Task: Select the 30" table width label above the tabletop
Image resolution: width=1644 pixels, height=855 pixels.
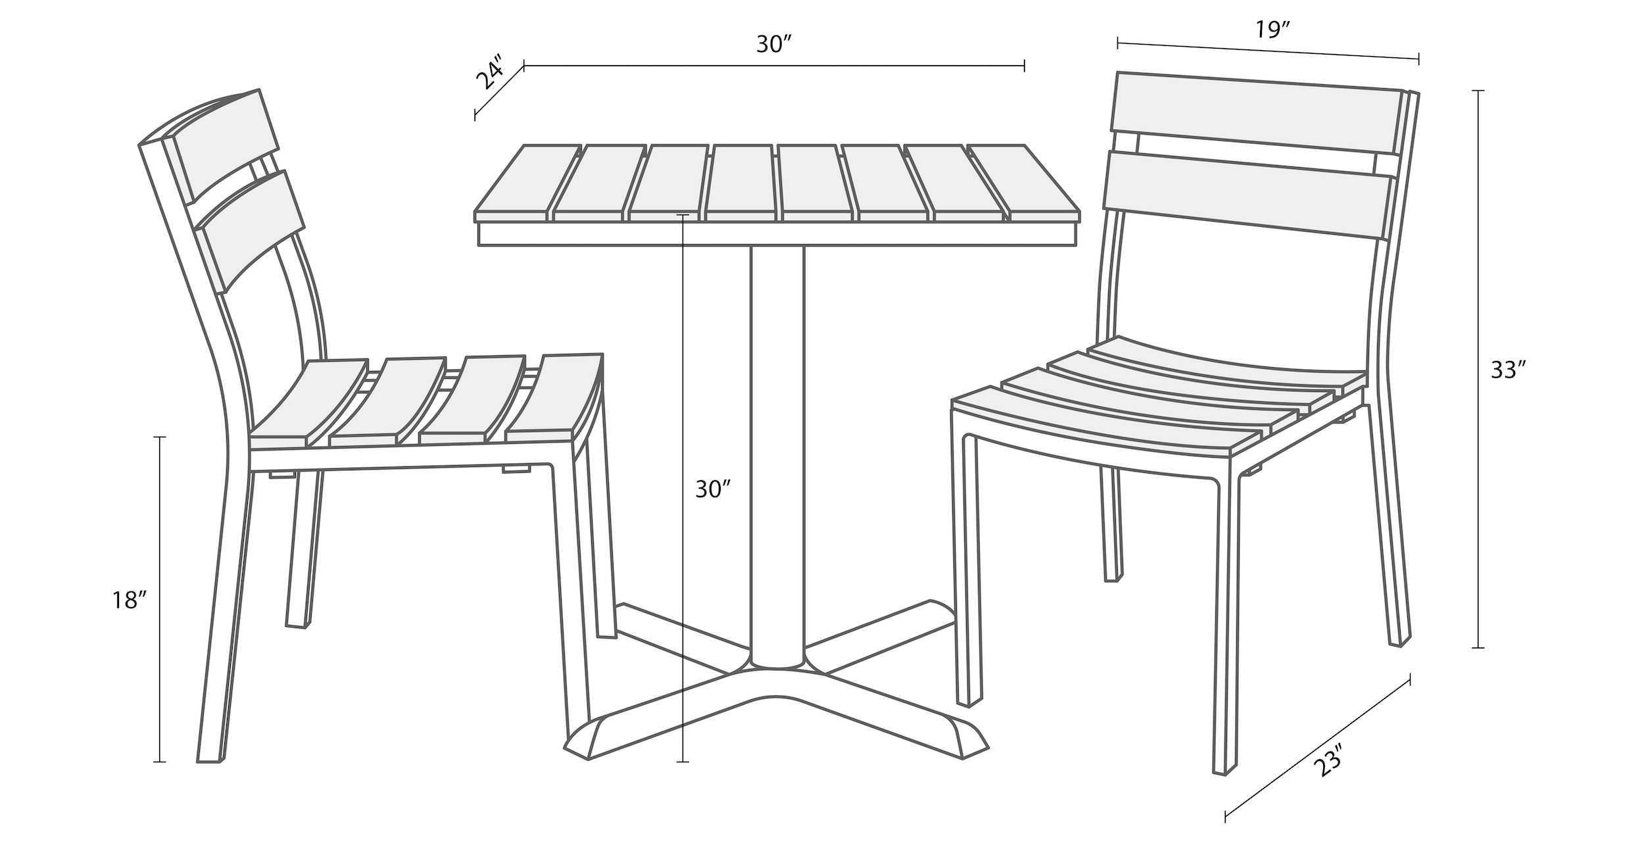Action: point(773,44)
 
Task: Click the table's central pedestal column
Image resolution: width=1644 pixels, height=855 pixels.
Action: point(777,457)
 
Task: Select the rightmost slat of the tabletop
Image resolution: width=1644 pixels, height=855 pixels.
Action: point(1026,182)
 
